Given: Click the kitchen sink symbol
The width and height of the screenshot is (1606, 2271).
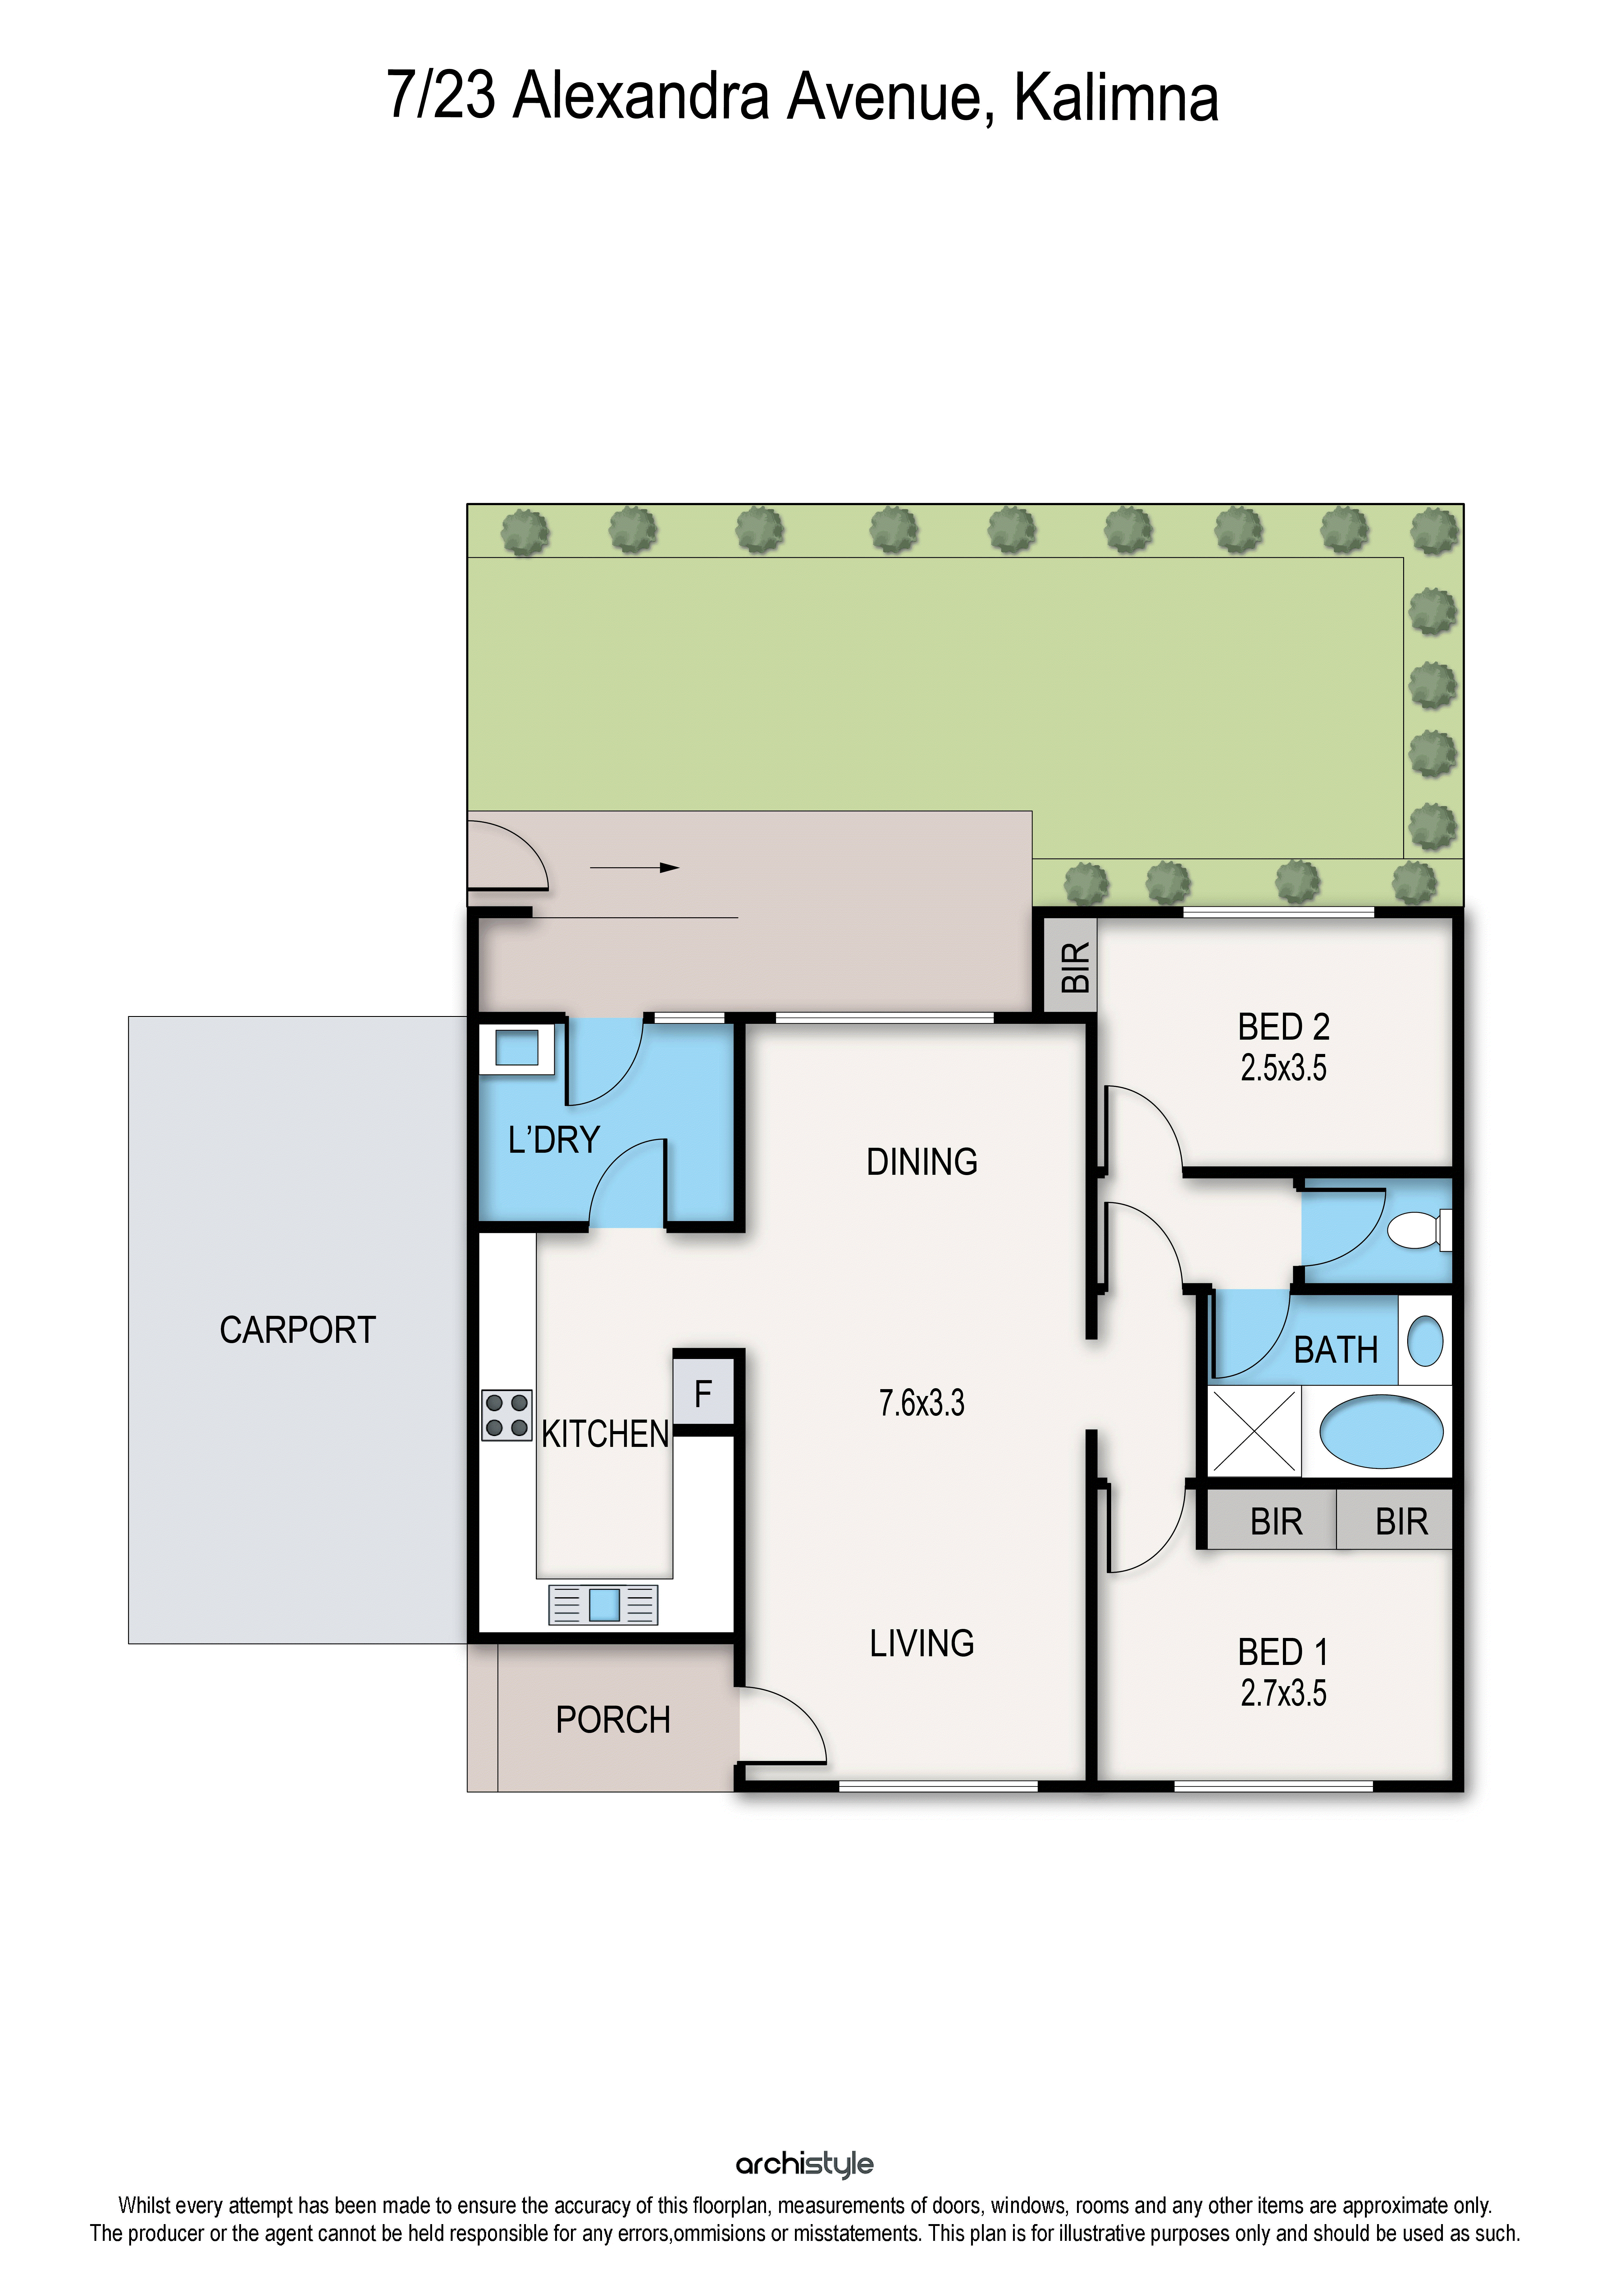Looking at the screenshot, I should (603, 1604).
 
